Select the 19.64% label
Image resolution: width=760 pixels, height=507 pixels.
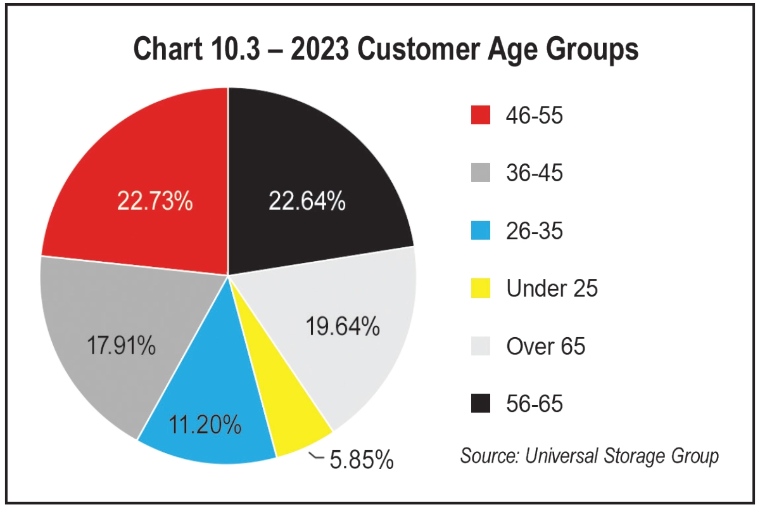(342, 327)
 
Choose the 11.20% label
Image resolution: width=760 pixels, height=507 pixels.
(205, 425)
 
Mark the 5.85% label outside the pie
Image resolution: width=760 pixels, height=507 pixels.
(362, 460)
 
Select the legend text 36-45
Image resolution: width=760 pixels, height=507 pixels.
(534, 173)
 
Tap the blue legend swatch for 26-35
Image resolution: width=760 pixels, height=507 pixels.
(481, 231)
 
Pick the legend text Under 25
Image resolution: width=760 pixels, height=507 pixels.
(552, 288)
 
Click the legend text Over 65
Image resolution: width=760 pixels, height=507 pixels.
(545, 346)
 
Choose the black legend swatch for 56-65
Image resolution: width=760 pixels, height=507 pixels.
(481, 404)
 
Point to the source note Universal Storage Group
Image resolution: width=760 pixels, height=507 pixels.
(590, 456)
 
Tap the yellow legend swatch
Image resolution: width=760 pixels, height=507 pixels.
(481, 288)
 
